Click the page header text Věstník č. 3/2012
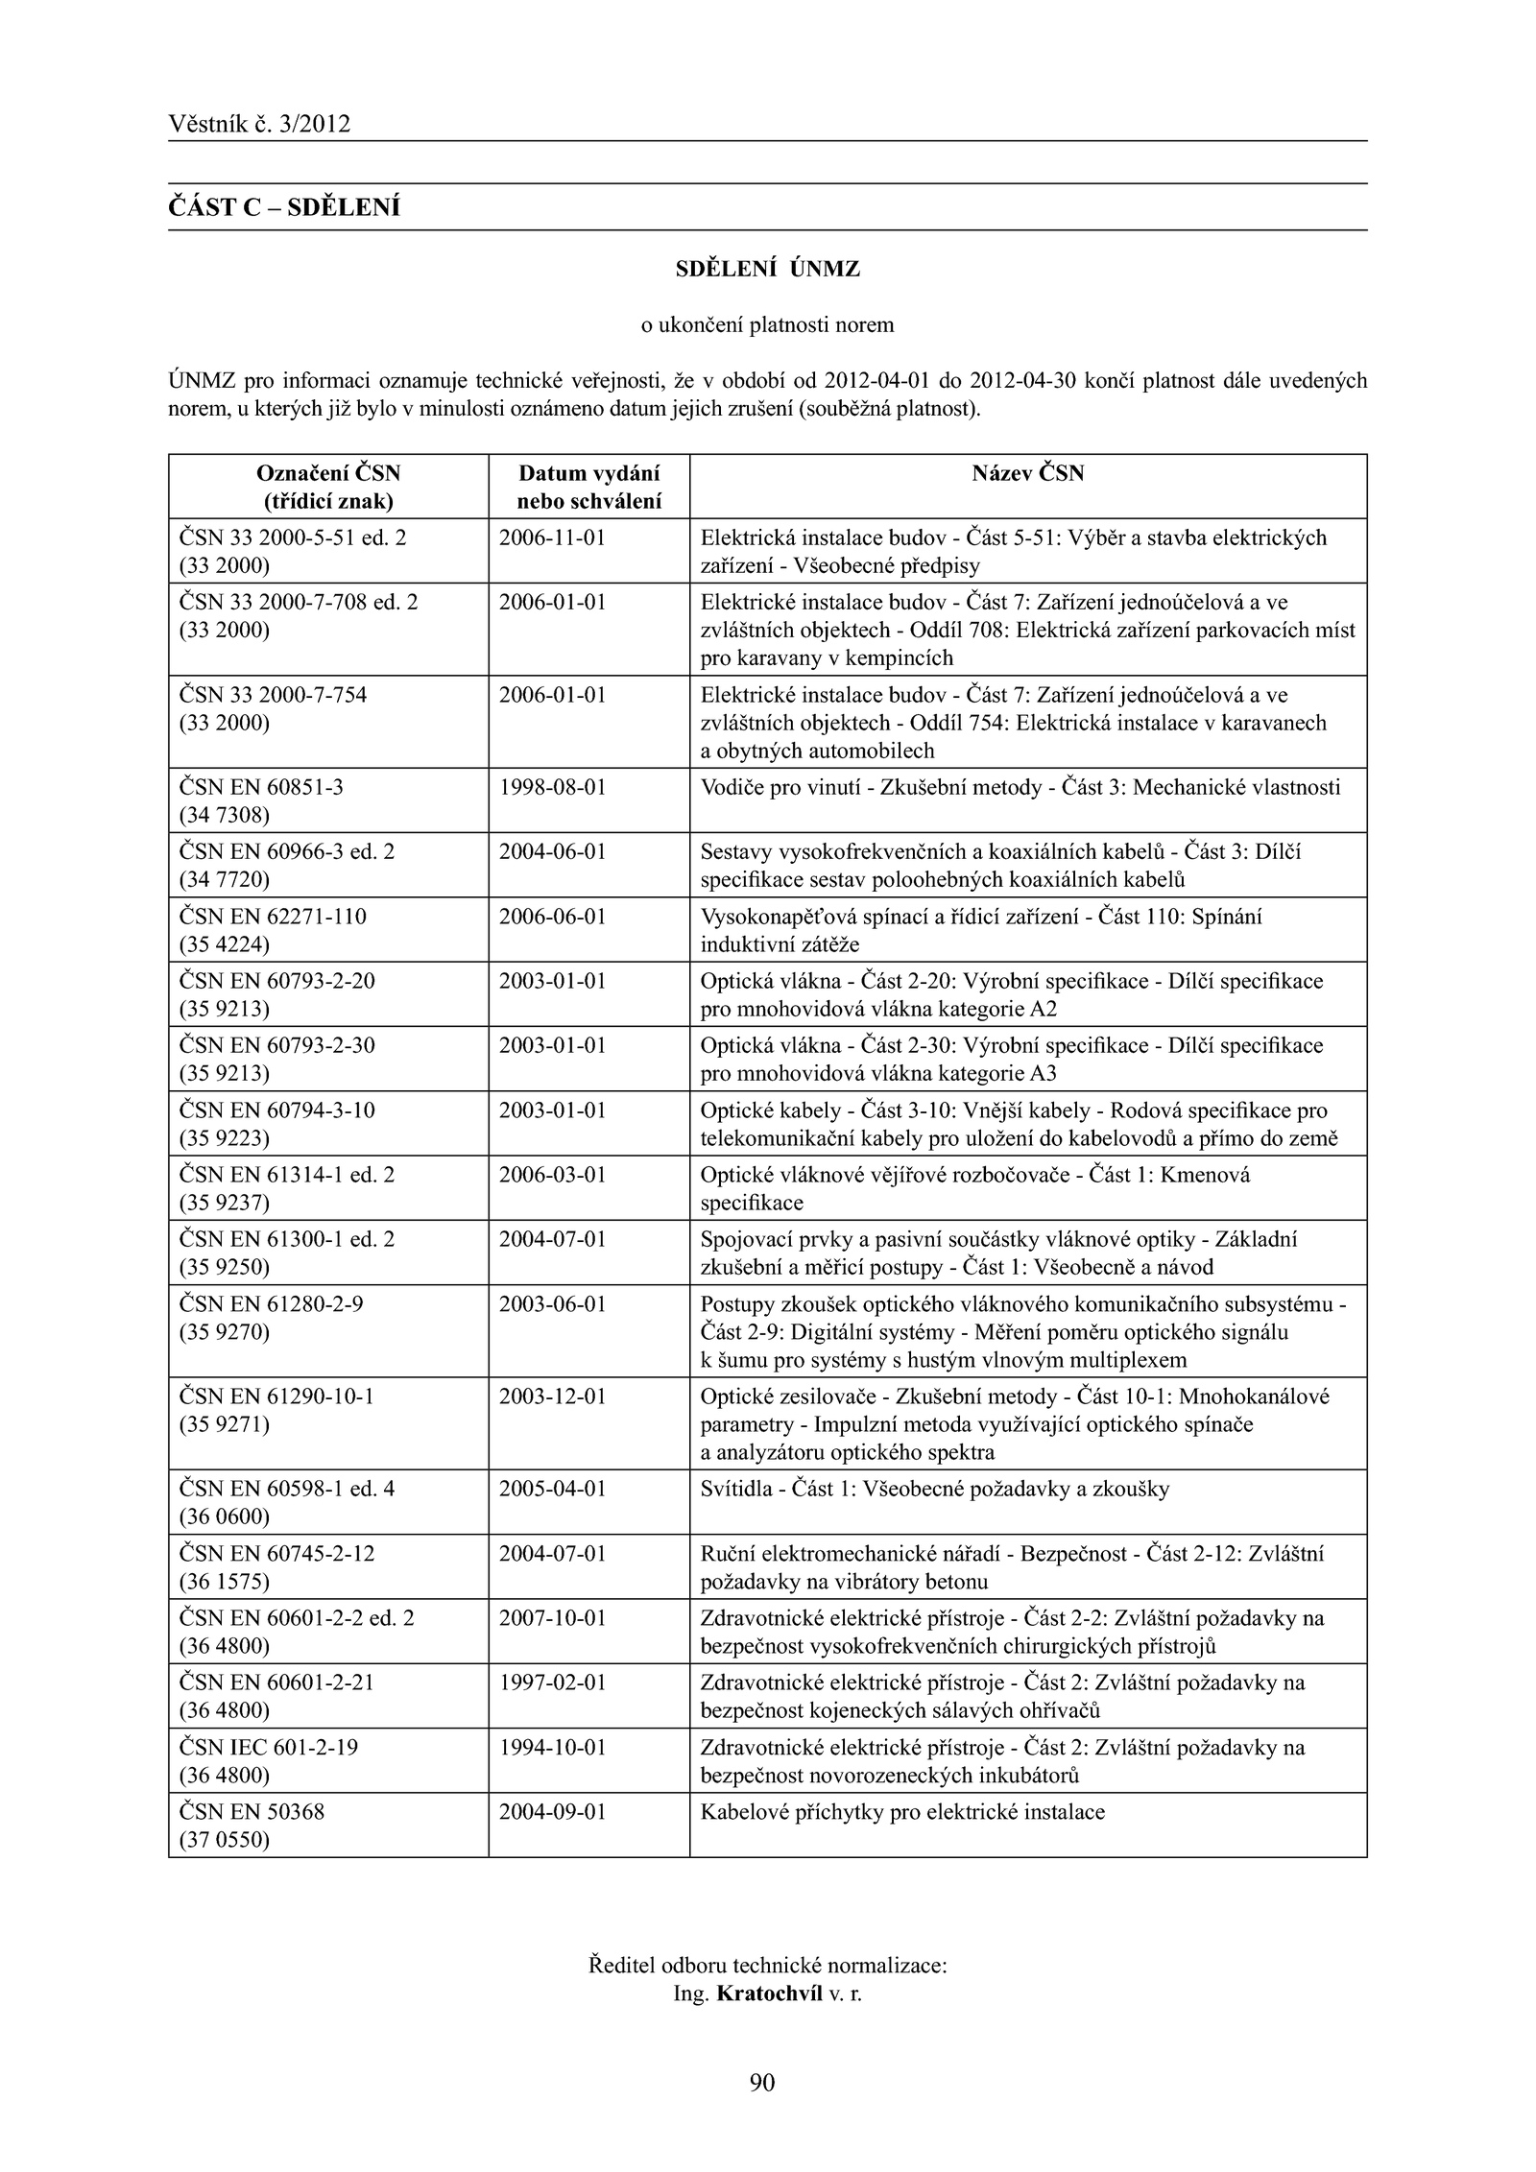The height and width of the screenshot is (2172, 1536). click(x=259, y=124)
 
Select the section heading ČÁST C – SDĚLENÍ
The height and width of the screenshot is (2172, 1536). click(x=284, y=207)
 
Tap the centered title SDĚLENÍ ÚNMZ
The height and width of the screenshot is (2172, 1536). click(x=767, y=270)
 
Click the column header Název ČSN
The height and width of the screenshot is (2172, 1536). click(x=1027, y=473)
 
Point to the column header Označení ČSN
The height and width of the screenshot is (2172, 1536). click(x=328, y=473)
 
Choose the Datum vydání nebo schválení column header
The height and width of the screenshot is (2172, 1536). click(x=588, y=487)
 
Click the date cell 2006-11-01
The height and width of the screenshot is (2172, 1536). click(x=553, y=537)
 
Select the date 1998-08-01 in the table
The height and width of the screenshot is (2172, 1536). click(x=553, y=788)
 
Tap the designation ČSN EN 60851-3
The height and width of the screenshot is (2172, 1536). click(x=261, y=788)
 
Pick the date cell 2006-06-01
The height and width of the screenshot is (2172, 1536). click(x=553, y=917)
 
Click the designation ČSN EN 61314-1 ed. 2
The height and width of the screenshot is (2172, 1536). click(x=287, y=1175)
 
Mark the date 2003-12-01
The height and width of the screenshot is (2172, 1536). click(x=553, y=1396)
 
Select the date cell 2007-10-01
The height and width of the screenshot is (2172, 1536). click(x=553, y=1618)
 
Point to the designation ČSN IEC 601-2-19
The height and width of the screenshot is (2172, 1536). click(x=269, y=1748)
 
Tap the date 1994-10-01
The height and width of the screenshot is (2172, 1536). click(x=553, y=1748)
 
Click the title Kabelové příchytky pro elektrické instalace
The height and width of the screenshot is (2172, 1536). click(x=902, y=1812)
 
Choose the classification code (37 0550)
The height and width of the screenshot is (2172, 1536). click(x=225, y=1840)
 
